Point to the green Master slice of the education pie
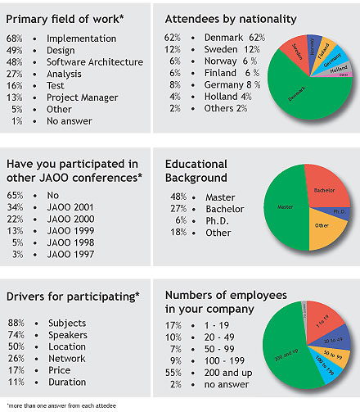pyautogui.click(x=285, y=206)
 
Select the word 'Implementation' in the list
pyautogui.click(x=81, y=38)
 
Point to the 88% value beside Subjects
pyautogui.click(x=14, y=324)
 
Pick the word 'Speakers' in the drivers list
pyautogui.click(x=68, y=336)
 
